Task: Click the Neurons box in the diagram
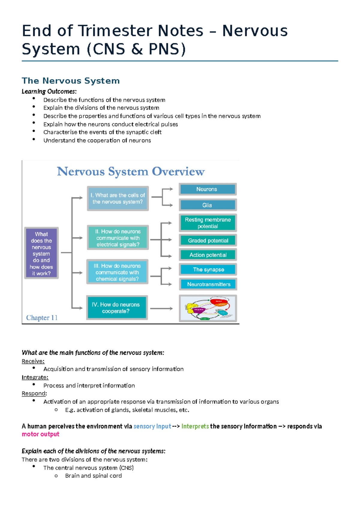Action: tap(208, 189)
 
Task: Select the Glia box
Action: tap(208, 205)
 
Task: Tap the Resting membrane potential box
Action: tap(208, 223)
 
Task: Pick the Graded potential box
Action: tap(208, 240)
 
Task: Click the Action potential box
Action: tap(208, 255)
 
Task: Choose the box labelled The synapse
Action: tap(208, 270)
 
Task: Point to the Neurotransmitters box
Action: tap(208, 284)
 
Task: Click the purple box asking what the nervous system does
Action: tap(41, 253)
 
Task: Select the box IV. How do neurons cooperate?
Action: tap(117, 308)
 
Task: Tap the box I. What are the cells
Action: tap(118, 198)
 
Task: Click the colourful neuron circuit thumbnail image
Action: tap(208, 308)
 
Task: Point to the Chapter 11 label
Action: tap(42, 318)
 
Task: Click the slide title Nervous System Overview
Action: tap(131, 172)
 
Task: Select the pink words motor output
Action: tap(40, 434)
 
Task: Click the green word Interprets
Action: tap(195, 426)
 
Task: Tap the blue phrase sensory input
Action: tap(152, 426)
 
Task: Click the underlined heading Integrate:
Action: tap(35, 377)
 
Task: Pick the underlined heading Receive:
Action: tap(33, 361)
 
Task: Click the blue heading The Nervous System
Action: tap(71, 81)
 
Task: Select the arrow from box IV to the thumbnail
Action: tap(161, 309)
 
